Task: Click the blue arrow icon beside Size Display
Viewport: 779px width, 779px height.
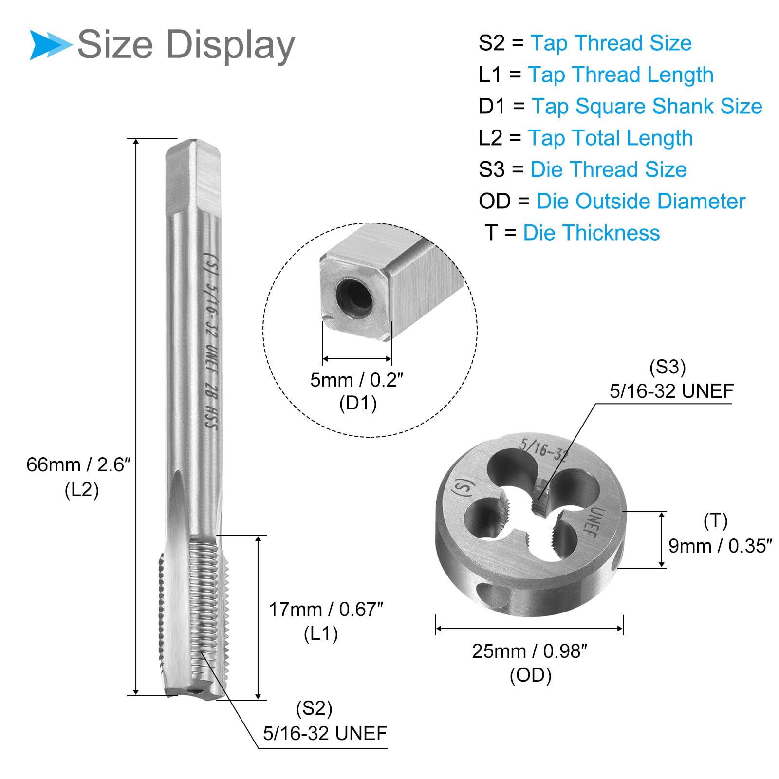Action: [x=51, y=45]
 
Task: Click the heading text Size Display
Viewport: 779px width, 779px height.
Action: [x=186, y=45]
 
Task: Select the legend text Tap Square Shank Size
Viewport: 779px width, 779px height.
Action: [x=647, y=107]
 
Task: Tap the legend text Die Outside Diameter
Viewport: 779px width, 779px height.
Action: [x=641, y=201]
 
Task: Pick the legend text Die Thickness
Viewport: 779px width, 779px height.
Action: [x=591, y=233]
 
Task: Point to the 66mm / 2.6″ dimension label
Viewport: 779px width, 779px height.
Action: [x=78, y=465]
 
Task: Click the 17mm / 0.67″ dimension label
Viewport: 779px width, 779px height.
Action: [x=326, y=609]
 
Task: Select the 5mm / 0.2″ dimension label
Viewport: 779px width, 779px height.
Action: [x=357, y=380]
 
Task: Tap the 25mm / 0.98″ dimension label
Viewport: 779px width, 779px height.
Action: [x=530, y=651]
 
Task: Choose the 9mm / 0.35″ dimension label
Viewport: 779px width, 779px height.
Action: [x=720, y=546]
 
